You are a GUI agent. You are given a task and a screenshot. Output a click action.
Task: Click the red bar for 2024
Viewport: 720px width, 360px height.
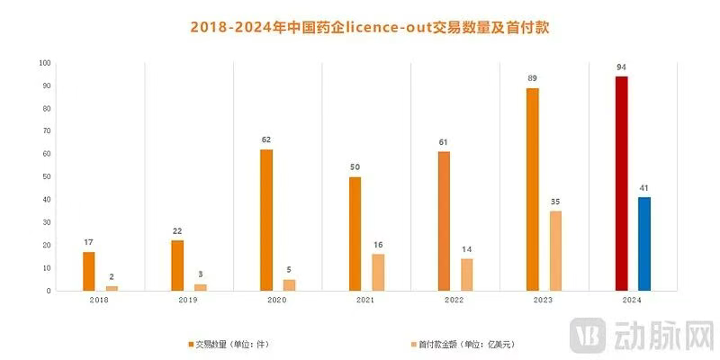[621, 184]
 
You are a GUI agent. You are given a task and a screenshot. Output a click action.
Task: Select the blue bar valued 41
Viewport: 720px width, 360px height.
[643, 244]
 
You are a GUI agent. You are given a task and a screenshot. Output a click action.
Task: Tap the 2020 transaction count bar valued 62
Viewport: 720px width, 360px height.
[266, 220]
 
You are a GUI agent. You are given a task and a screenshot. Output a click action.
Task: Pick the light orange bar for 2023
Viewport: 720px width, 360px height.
[555, 251]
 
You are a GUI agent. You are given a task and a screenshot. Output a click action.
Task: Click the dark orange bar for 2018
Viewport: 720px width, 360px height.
[88, 271]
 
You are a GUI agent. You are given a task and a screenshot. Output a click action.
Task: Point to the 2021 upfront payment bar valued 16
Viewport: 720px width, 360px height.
[378, 272]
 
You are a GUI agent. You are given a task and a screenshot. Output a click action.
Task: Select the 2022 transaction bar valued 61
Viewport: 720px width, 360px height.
[444, 221]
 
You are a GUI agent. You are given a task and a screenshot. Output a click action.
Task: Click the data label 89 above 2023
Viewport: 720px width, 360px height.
[533, 78]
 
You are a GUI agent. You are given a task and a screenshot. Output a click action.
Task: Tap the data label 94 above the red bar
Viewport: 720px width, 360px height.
[621, 67]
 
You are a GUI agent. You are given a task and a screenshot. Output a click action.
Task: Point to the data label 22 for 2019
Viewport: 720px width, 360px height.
[177, 231]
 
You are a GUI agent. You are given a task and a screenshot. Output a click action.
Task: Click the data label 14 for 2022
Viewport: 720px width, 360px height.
[466, 249]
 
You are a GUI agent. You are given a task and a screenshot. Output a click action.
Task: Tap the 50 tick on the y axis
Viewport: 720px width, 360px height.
[46, 177]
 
